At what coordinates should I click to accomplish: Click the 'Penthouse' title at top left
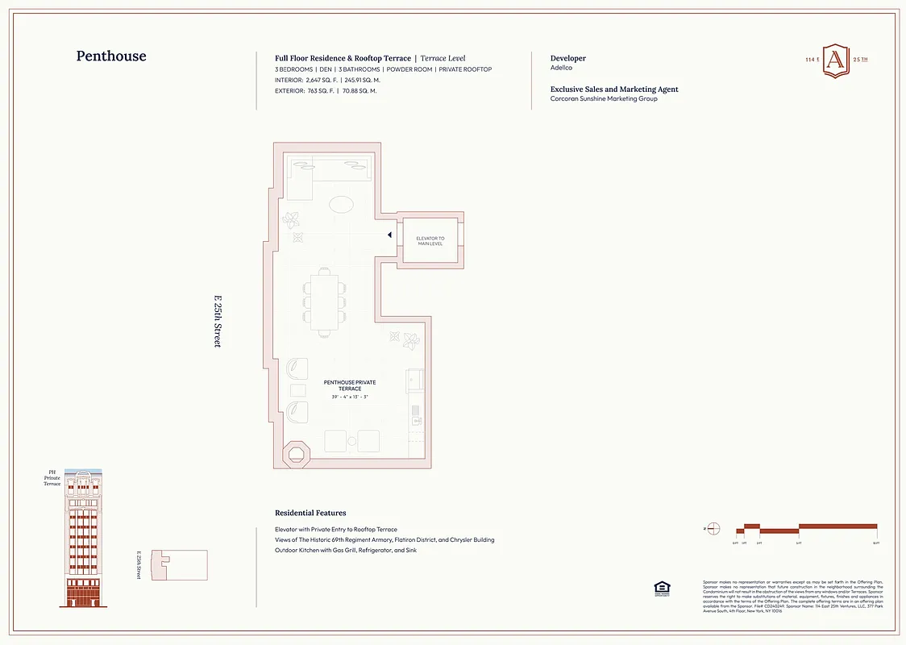[x=111, y=56]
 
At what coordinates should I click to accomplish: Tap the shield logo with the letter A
[x=835, y=60]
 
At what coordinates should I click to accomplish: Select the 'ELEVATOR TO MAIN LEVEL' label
[x=430, y=241]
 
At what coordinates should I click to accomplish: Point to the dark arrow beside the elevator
[x=389, y=235]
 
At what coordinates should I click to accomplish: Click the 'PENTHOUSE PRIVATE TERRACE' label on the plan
[x=349, y=385]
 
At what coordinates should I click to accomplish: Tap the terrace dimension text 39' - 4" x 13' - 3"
[x=349, y=397]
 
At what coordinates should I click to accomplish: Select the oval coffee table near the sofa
[x=342, y=205]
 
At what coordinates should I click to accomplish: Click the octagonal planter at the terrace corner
[x=296, y=451]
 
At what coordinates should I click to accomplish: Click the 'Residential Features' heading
[x=310, y=513]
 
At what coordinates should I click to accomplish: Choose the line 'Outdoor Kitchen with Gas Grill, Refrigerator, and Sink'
[x=346, y=550]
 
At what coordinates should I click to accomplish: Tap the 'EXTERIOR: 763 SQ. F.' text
[x=305, y=91]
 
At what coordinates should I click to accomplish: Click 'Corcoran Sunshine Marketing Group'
[x=603, y=98]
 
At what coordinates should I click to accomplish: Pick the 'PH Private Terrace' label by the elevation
[x=52, y=477]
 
